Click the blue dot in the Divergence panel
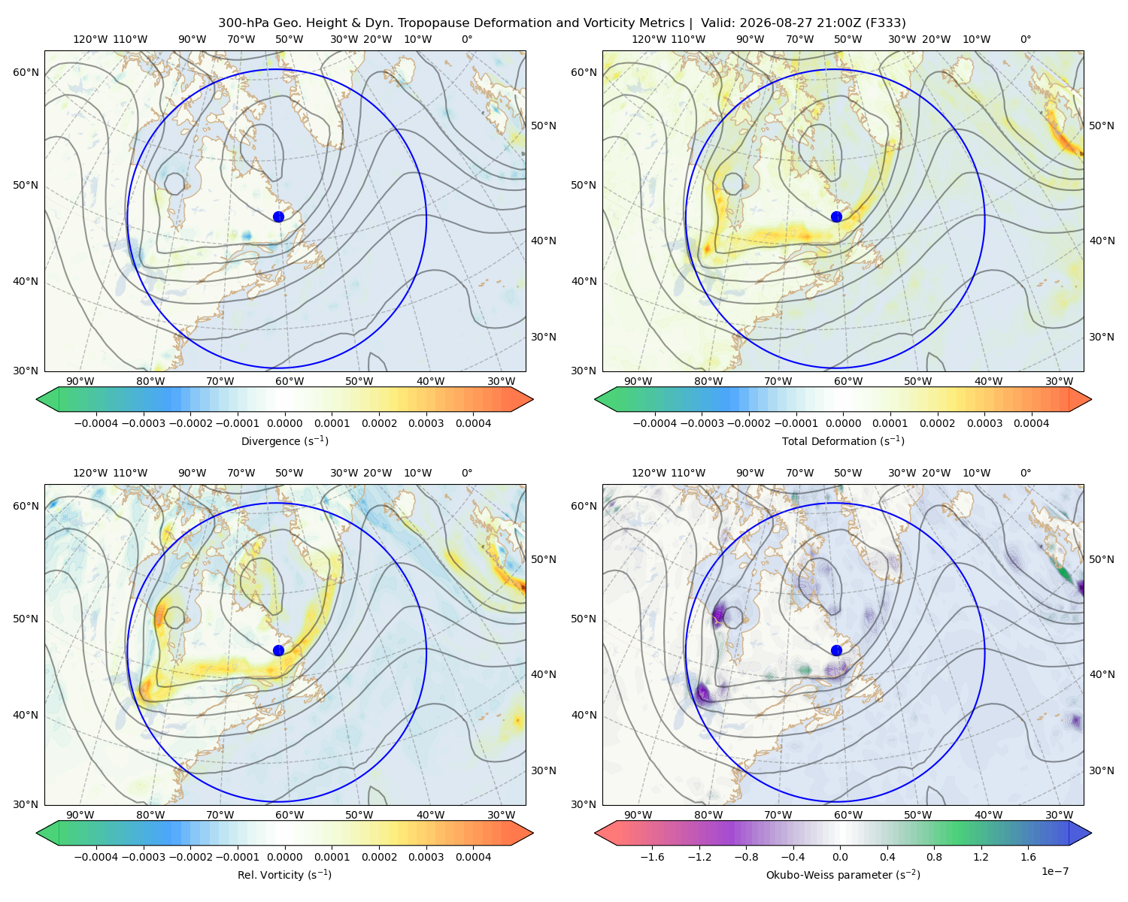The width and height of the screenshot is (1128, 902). click(x=278, y=216)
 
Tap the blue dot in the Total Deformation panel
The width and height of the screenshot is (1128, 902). click(x=836, y=216)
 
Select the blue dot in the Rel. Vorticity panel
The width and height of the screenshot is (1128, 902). click(x=278, y=650)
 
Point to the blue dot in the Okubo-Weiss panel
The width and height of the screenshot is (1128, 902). click(x=836, y=650)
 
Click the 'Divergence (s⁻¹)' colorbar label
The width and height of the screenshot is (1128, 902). click(x=284, y=440)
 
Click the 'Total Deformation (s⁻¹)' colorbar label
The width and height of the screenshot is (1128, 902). click(x=843, y=440)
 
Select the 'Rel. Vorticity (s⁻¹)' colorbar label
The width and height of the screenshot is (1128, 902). click(x=284, y=875)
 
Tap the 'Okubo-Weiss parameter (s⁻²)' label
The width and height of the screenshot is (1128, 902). click(x=843, y=875)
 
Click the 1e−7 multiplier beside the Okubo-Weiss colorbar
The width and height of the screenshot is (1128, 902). click(x=1054, y=871)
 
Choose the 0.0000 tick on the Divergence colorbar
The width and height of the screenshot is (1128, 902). click(x=284, y=423)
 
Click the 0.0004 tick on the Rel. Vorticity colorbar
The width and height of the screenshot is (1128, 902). click(x=473, y=857)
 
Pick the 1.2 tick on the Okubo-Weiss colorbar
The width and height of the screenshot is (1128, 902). click(x=981, y=857)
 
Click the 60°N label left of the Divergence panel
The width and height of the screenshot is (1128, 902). click(x=26, y=72)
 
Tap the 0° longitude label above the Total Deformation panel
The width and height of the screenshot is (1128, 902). click(x=1025, y=39)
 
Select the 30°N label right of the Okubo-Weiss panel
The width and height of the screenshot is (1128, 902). click(x=1101, y=770)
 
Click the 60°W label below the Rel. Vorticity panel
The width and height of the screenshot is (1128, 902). click(x=290, y=815)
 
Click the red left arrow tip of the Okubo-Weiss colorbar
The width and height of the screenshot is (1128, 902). click(x=596, y=833)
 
